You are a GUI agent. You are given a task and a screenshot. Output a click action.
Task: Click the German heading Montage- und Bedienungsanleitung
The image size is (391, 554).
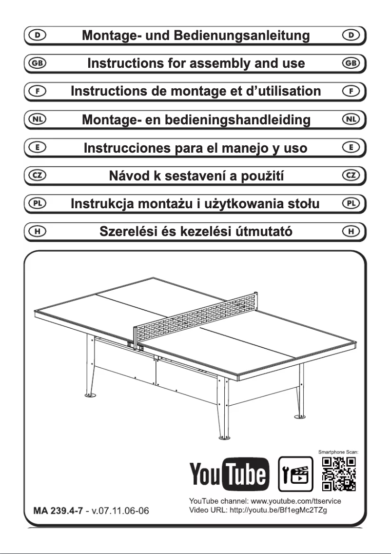click(195, 36)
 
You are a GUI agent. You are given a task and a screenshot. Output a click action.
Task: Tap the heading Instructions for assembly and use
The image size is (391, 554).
click(195, 63)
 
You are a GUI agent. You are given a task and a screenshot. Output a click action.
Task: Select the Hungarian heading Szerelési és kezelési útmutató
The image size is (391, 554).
click(195, 231)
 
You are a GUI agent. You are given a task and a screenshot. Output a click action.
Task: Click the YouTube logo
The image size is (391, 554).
click(230, 473)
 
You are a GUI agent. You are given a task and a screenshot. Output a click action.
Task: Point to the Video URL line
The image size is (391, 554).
click(265, 510)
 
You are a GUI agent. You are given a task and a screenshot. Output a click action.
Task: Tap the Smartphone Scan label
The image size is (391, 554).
click(339, 453)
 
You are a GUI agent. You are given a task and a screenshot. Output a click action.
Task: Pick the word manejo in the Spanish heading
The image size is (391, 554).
click(229, 147)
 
